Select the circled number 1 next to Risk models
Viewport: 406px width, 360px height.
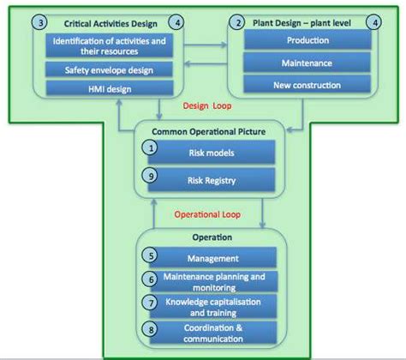point(152,148)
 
